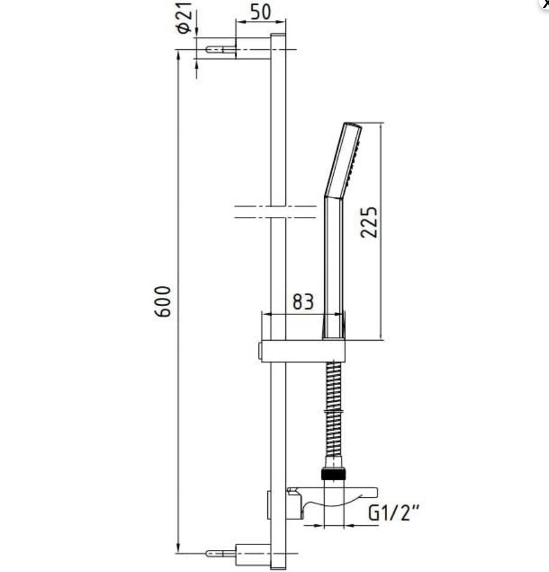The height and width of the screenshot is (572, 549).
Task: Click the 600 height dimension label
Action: [162, 301]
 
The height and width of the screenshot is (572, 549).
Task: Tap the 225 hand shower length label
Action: [369, 222]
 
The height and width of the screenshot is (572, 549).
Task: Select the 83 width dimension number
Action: [303, 302]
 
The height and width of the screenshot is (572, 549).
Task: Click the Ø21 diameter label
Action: [185, 17]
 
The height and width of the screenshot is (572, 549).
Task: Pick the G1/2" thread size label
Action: [394, 513]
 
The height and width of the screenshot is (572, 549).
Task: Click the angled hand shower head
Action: [343, 161]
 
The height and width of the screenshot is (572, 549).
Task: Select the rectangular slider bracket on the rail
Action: [303, 351]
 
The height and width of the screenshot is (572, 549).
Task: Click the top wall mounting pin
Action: [221, 50]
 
